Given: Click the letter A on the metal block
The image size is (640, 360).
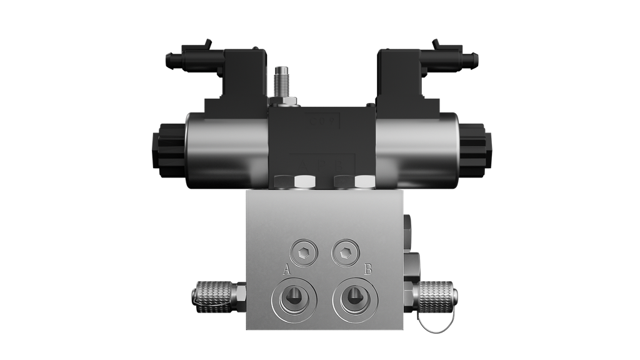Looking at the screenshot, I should (x=287, y=269).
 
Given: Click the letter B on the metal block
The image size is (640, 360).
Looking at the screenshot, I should (x=369, y=269).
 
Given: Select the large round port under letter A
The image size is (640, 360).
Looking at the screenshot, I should (x=292, y=299).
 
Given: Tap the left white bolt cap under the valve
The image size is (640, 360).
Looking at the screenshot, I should (x=304, y=182).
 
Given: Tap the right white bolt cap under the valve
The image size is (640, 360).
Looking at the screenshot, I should (x=364, y=182).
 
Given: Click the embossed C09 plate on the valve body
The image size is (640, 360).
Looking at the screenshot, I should (x=321, y=120).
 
